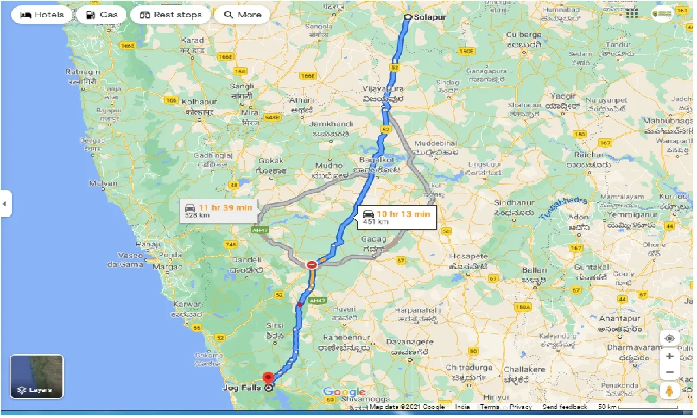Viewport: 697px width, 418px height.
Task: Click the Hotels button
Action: click(x=41, y=15)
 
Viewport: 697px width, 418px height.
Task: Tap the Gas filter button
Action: click(x=102, y=15)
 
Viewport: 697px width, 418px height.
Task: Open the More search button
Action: click(x=242, y=15)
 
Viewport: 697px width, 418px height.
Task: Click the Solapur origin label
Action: click(x=429, y=17)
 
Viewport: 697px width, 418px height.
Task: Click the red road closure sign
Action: click(x=312, y=265)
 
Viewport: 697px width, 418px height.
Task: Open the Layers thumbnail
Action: click(x=37, y=377)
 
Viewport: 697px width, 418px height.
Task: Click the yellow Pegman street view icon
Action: click(x=669, y=390)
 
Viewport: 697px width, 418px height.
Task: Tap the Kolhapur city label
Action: click(x=199, y=102)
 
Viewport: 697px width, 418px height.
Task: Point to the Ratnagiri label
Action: click(x=83, y=72)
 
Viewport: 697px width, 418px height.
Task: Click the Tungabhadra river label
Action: click(x=563, y=208)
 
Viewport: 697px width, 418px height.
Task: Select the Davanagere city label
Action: click(x=409, y=342)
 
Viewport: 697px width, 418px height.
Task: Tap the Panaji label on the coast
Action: click(x=147, y=244)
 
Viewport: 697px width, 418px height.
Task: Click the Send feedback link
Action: click(x=565, y=407)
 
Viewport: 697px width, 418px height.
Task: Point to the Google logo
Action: click(x=344, y=392)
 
